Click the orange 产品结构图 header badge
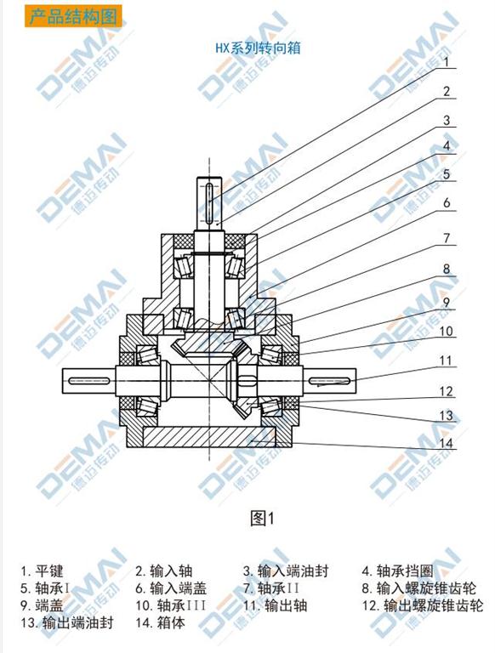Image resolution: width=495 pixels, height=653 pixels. point(73,16)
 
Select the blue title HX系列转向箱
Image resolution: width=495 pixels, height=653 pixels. point(258,48)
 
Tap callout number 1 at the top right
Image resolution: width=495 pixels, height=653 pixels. point(447,62)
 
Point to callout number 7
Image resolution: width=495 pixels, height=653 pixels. point(447,238)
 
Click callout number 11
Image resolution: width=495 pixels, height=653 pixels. point(446,361)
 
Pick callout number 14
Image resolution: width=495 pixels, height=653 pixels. point(446,443)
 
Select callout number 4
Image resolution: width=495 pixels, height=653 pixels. point(447,146)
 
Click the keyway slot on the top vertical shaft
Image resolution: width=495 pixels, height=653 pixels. point(210,201)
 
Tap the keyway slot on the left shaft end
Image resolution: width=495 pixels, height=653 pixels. point(89,380)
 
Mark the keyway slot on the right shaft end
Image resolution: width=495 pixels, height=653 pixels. point(330,380)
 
